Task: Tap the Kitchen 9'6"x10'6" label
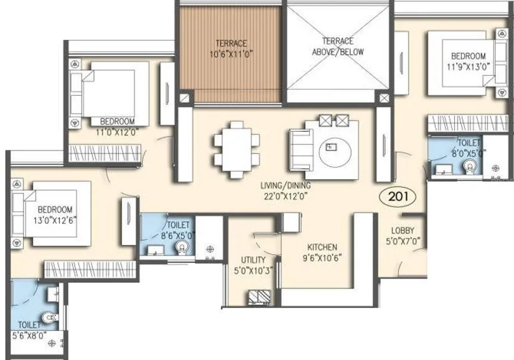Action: click(x=322, y=252)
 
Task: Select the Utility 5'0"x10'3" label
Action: click(x=253, y=265)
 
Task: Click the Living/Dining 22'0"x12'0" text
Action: click(x=287, y=190)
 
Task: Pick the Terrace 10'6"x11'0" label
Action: click(x=231, y=48)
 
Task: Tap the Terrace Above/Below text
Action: click(x=338, y=48)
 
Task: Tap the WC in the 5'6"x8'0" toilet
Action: click(x=48, y=319)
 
